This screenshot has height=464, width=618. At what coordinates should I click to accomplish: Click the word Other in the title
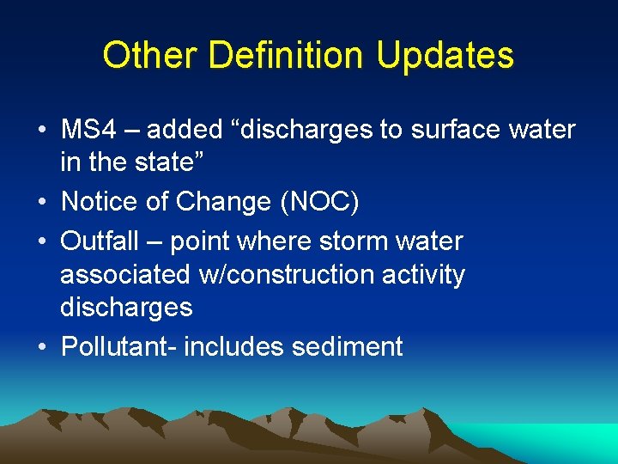[150, 56]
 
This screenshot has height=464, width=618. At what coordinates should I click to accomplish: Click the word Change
[224, 202]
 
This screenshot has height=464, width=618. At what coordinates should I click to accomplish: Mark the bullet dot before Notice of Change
[41, 203]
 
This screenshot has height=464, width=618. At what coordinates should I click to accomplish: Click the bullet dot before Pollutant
[41, 347]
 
